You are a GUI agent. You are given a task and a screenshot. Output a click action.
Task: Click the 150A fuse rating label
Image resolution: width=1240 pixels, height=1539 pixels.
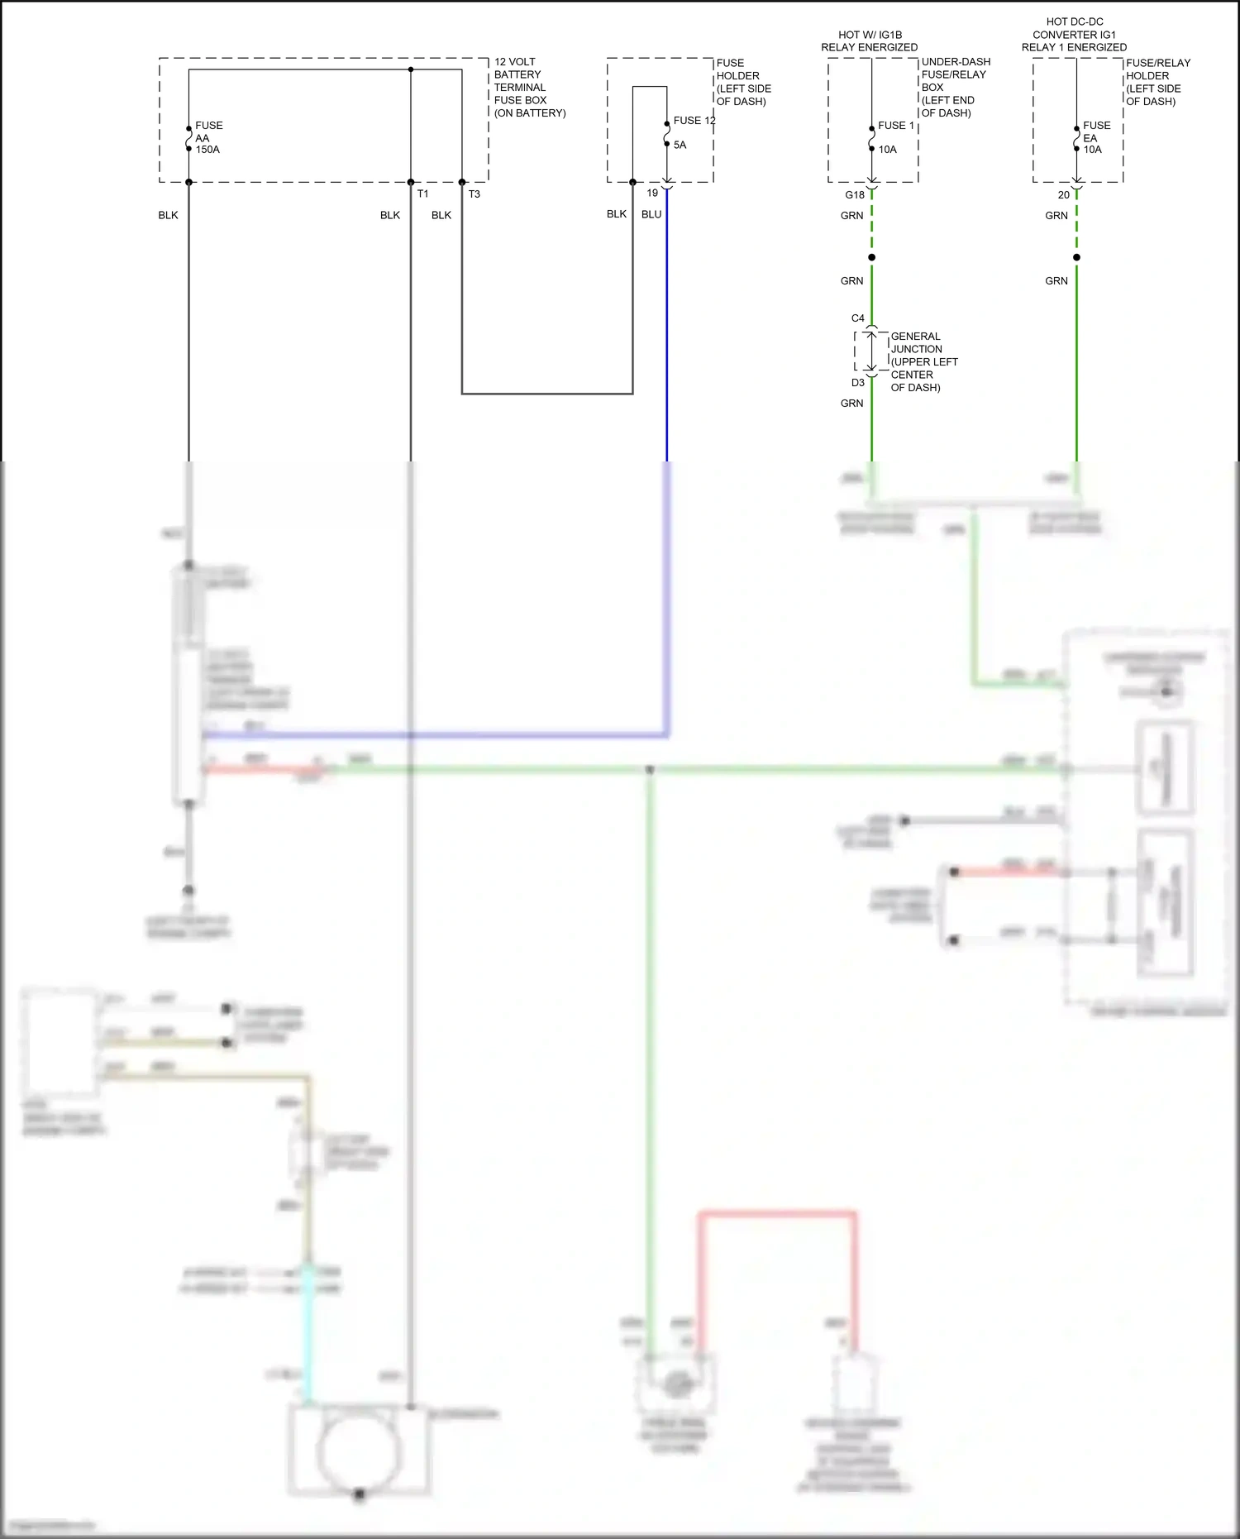pos(207,150)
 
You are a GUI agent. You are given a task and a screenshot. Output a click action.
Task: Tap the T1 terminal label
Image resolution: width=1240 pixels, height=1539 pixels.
pos(422,194)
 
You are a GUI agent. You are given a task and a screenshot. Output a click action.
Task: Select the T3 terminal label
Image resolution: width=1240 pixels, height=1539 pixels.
pos(474,194)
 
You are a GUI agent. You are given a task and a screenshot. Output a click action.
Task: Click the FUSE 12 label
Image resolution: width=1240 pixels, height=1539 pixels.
pos(694,121)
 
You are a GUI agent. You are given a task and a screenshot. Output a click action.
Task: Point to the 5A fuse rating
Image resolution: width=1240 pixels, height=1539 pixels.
pos(680,145)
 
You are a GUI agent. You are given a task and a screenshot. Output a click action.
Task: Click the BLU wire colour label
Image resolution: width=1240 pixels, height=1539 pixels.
pos(651,214)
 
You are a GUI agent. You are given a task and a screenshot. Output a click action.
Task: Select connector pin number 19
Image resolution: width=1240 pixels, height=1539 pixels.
pos(652,194)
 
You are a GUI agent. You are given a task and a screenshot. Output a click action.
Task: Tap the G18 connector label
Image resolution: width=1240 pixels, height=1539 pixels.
pos(854,195)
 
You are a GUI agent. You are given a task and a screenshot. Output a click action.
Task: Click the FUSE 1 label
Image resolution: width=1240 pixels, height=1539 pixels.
pos(896,126)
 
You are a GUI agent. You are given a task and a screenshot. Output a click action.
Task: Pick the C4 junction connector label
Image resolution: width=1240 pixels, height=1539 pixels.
pos(857,318)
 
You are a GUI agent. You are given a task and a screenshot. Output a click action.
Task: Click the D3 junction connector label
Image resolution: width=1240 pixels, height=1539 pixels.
pos(857,383)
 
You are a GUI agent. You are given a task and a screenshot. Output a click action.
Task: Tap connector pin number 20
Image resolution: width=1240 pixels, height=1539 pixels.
pos(1063,195)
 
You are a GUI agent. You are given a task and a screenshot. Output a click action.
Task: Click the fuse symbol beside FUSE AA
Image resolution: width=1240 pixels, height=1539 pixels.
pos(188,139)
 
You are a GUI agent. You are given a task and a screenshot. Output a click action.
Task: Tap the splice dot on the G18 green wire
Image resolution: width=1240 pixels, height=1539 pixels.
pos(871,257)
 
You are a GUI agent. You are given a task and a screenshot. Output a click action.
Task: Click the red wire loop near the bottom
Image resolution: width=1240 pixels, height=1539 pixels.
pos(777,1214)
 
